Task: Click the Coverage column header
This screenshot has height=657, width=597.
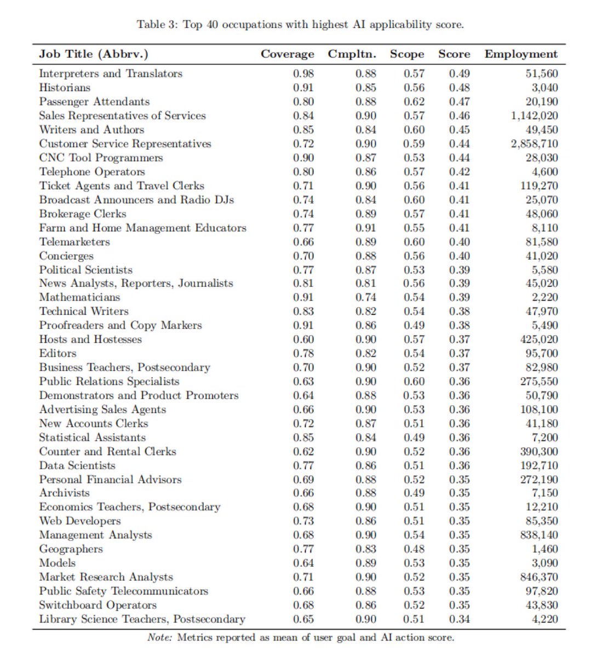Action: tap(287, 54)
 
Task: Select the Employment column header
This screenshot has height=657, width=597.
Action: tap(521, 54)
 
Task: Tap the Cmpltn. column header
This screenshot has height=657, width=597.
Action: tap(352, 54)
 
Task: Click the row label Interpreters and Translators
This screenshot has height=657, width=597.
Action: tap(111, 73)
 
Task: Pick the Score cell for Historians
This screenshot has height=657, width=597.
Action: tap(459, 88)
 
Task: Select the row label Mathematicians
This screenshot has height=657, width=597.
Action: tap(79, 297)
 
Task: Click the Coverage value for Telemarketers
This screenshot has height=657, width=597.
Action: tap(303, 241)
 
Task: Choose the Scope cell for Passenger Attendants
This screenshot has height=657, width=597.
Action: tap(414, 101)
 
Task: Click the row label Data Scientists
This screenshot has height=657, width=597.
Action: tap(77, 466)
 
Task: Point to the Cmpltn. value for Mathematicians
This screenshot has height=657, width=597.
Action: tap(365, 297)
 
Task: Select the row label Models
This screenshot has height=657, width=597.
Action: tap(58, 563)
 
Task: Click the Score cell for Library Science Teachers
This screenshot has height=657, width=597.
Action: tap(459, 619)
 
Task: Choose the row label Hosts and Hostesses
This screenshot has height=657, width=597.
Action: tap(90, 339)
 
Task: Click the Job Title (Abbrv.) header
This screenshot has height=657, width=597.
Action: tap(94, 54)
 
